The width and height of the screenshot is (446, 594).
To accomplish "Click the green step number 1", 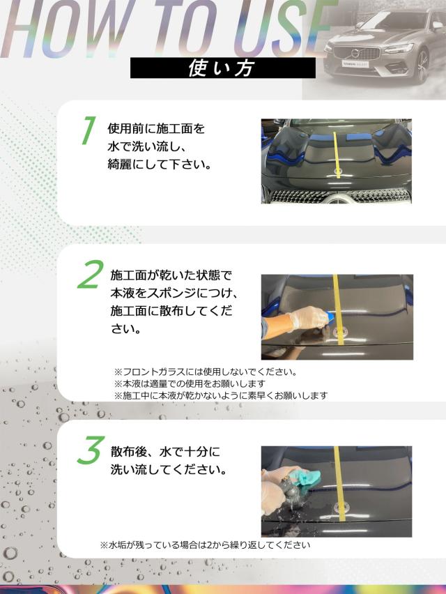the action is coord(89,130).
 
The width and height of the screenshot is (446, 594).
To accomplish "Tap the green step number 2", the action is coord(90,274).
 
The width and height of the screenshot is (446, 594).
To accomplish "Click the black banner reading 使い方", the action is coord(222,68).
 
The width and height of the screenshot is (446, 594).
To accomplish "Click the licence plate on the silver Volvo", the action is coord(355,64).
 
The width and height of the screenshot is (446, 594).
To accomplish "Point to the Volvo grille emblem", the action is coord(355,53).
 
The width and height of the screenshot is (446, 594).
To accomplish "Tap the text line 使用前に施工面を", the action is coord(156,128).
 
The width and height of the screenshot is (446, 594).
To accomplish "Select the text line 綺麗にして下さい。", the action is coord(160,164).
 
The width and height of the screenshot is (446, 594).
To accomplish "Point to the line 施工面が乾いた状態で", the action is coord(171,275).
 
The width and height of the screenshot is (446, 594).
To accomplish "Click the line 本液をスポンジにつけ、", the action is coord(174,293).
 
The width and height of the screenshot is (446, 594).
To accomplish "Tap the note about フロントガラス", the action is coord(206,372).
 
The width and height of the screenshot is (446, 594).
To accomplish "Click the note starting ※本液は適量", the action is coord(190,383).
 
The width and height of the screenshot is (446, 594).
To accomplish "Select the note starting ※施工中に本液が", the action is coord(221,395).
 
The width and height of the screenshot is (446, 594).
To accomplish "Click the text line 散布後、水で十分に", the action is coord(165,452).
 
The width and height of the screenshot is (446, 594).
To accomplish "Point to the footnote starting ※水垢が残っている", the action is coord(205,544).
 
